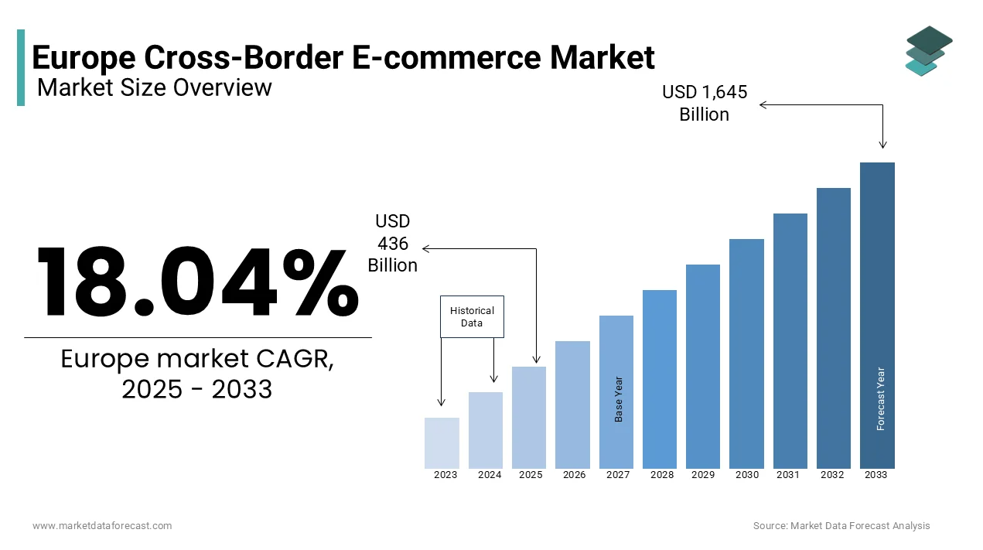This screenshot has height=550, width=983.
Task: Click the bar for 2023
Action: click(x=442, y=443)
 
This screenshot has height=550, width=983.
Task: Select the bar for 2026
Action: click(x=572, y=405)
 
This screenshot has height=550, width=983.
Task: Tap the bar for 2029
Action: click(x=703, y=367)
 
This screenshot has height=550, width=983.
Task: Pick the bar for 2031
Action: click(x=790, y=341)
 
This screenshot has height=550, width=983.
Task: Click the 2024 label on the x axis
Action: click(x=490, y=475)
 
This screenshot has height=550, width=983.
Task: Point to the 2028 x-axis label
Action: click(x=662, y=475)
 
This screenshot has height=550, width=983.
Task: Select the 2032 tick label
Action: click(x=832, y=475)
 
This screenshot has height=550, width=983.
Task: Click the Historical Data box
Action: click(x=473, y=316)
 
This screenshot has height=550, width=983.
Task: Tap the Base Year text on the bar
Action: click(x=619, y=399)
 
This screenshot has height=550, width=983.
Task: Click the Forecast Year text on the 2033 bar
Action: click(x=881, y=398)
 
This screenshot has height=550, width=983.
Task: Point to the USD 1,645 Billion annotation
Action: click(x=705, y=103)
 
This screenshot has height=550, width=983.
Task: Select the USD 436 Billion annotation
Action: click(x=392, y=243)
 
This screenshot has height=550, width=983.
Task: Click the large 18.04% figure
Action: click(x=198, y=282)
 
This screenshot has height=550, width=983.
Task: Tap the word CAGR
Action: click(x=295, y=359)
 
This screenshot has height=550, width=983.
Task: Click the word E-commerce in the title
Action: click(x=447, y=57)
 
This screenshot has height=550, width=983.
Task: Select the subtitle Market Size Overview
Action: click(x=155, y=87)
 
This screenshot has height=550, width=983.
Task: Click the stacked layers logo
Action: click(x=929, y=51)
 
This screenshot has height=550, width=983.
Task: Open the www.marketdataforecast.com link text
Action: click(x=102, y=526)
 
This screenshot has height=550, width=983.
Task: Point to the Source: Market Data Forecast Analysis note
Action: click(x=841, y=526)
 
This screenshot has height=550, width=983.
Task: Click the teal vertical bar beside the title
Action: click(x=21, y=67)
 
